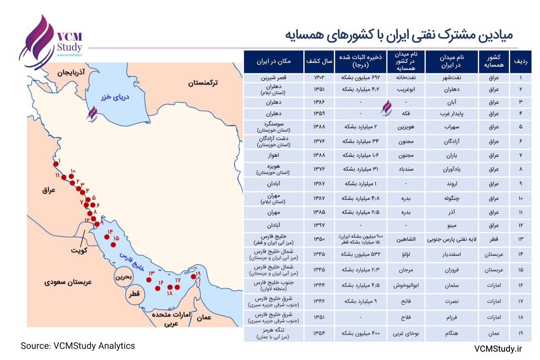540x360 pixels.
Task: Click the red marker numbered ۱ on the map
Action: pyautogui.click(x=56, y=164)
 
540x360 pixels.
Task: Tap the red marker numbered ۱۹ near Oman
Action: pyautogui.click(x=193, y=276)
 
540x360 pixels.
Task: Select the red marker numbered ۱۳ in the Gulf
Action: pyautogui.click(x=149, y=279)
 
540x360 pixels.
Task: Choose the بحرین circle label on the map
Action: pyautogui.click(x=124, y=277)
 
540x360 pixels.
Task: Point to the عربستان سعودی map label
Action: pyautogui.click(x=68, y=282)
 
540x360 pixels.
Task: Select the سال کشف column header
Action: pyautogui.click(x=319, y=61)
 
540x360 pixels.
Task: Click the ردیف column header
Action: pyautogui.click(x=520, y=61)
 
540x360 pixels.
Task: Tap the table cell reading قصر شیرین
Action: pyautogui.click(x=274, y=78)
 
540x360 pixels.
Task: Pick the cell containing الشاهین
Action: pyautogui.click(x=405, y=239)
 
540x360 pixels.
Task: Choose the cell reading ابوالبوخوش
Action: pyautogui.click(x=405, y=285)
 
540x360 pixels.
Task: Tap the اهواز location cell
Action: pyautogui.click(x=274, y=155)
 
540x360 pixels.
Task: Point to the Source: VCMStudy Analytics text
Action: pyautogui.click(x=78, y=346)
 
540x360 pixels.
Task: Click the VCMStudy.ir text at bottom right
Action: pyautogui.click(x=498, y=348)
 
